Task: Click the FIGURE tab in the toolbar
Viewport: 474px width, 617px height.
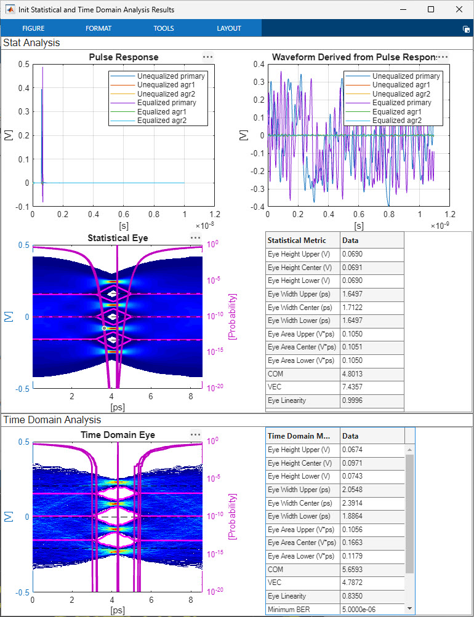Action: [33, 28]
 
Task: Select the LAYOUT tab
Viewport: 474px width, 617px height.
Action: [229, 28]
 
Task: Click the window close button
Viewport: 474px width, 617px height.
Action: [459, 9]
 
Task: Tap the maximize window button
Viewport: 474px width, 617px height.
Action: [431, 9]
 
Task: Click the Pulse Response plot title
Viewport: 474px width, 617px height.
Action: [123, 57]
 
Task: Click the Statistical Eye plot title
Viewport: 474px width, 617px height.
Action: [118, 237]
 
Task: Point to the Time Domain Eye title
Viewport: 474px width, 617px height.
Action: [118, 435]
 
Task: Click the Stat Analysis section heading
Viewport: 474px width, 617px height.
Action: [32, 43]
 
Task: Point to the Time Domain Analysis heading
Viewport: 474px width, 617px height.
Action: [52, 420]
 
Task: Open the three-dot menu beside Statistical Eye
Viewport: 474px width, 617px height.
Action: [195, 237]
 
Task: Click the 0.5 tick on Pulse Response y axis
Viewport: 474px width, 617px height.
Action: [23, 64]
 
